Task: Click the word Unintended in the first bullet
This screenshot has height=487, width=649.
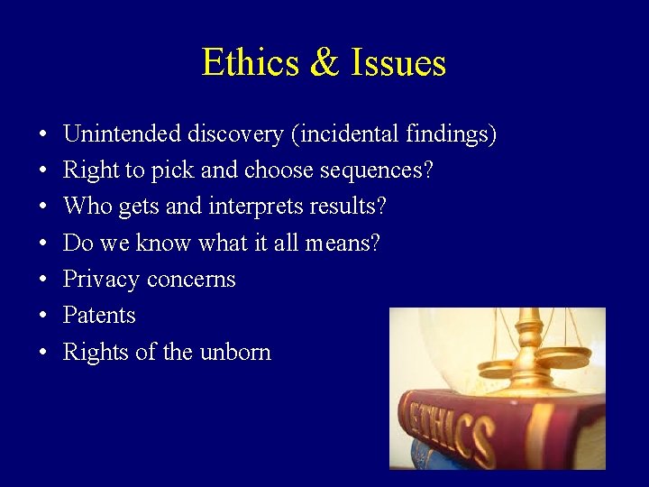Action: pyautogui.click(x=122, y=134)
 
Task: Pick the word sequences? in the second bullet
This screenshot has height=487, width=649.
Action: pyautogui.click(x=379, y=171)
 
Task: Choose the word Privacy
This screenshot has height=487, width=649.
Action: pyautogui.click(x=99, y=280)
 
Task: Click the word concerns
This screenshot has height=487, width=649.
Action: pyautogui.click(x=190, y=280)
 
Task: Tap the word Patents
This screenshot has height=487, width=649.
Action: pyautogui.click(x=99, y=316)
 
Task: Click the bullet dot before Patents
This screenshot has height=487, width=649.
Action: pyautogui.click(x=43, y=317)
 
